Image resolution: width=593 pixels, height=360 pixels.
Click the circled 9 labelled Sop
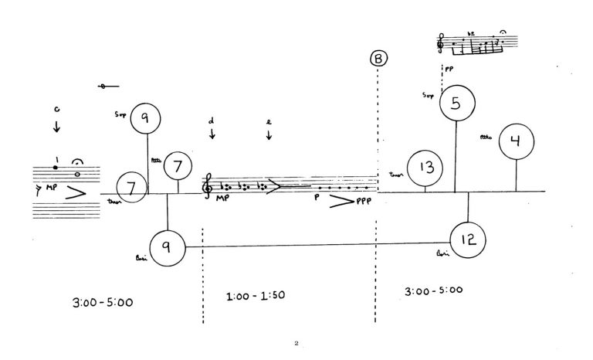[x=145, y=118]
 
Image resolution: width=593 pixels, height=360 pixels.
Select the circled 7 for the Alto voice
[x=178, y=165]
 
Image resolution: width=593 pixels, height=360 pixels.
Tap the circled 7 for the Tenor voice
[x=131, y=187]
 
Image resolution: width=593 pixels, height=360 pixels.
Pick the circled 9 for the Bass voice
[x=167, y=246]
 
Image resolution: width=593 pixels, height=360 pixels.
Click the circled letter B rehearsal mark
[x=378, y=59]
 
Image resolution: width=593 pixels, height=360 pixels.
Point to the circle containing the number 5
[x=457, y=104]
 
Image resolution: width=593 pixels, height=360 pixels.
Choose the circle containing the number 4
[x=516, y=141]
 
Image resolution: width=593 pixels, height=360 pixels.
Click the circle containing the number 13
[x=425, y=169]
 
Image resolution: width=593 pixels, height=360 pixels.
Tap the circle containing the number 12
[x=468, y=239]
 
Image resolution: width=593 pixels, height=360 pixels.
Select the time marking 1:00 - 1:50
[x=255, y=296]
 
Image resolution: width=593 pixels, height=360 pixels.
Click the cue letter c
[x=56, y=110]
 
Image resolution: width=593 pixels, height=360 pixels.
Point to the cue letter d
[x=212, y=121]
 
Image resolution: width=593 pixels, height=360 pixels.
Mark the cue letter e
[x=268, y=121]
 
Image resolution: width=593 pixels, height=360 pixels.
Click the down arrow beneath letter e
[x=268, y=135]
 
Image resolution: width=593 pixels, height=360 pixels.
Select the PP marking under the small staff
[x=449, y=68]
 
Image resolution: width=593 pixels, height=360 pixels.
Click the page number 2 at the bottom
[x=296, y=342]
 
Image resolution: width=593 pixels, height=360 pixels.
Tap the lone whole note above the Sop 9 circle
[x=103, y=87]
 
